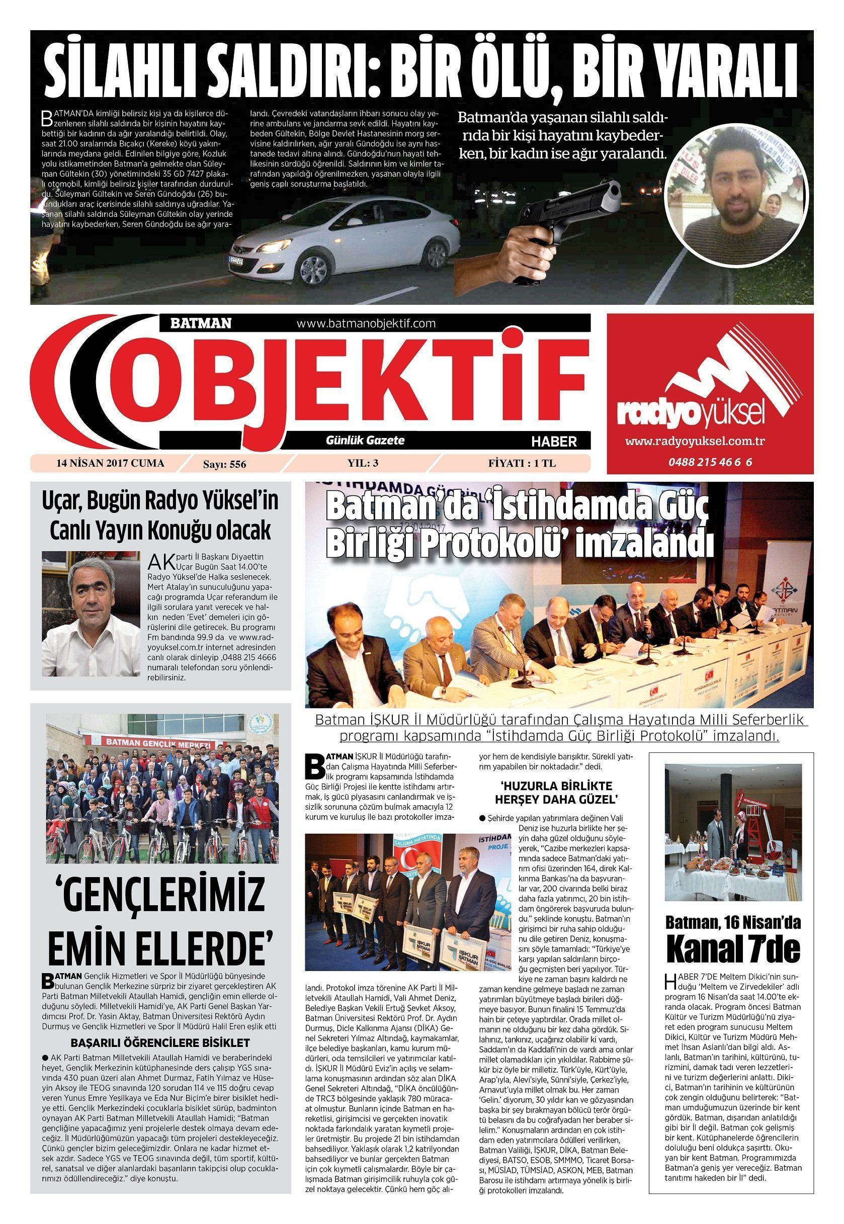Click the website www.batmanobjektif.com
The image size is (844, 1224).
pos(366,323)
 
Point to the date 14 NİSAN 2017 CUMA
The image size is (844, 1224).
pos(111,463)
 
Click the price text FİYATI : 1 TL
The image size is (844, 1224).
pos(522,463)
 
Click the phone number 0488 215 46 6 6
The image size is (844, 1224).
pos(710,462)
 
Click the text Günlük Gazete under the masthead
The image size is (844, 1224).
pos(365,440)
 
